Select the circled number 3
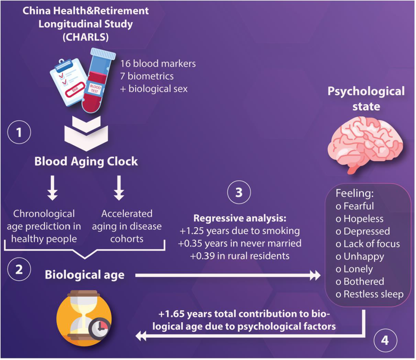pyautogui.click(x=239, y=192)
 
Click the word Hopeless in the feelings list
pyautogui.click(x=363, y=219)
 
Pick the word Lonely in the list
pyautogui.click(x=358, y=269)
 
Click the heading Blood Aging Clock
pyautogui.click(x=86, y=161)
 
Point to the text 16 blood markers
pyautogui.click(x=158, y=64)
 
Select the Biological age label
pyautogui.click(x=84, y=275)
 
